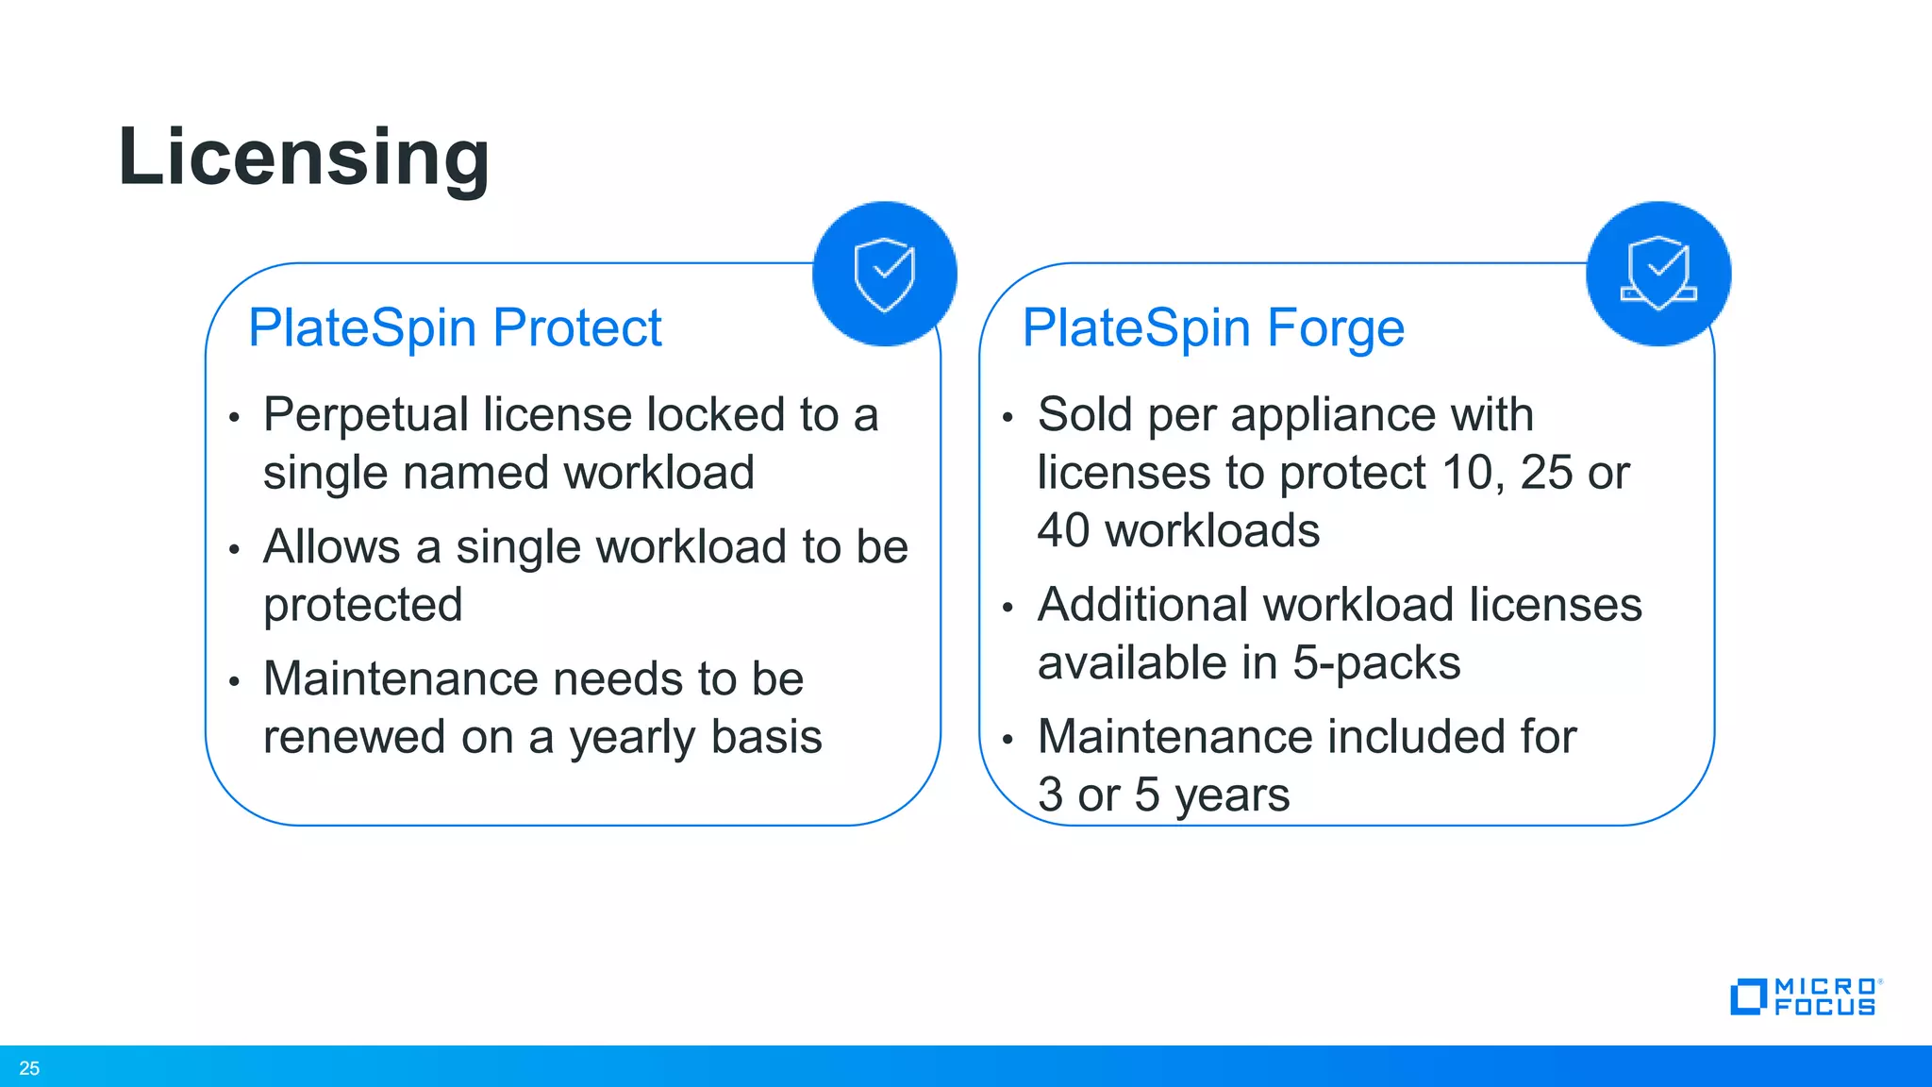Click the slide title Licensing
tap(304, 157)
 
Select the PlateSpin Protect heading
tap(455, 328)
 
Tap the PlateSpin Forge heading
tap(1213, 328)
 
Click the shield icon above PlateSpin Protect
tap(885, 274)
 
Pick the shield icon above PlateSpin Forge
tap(1658, 274)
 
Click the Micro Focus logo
tap(1805, 996)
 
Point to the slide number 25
tap(29, 1068)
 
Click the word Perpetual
tap(365, 415)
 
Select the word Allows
tap(332, 547)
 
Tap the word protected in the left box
tap(363, 605)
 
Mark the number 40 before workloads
tap(1063, 531)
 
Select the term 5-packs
tap(1376, 663)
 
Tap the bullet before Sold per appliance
tap(1008, 417)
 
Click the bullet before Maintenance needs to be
tap(234, 681)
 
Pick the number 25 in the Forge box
tap(1545, 473)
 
